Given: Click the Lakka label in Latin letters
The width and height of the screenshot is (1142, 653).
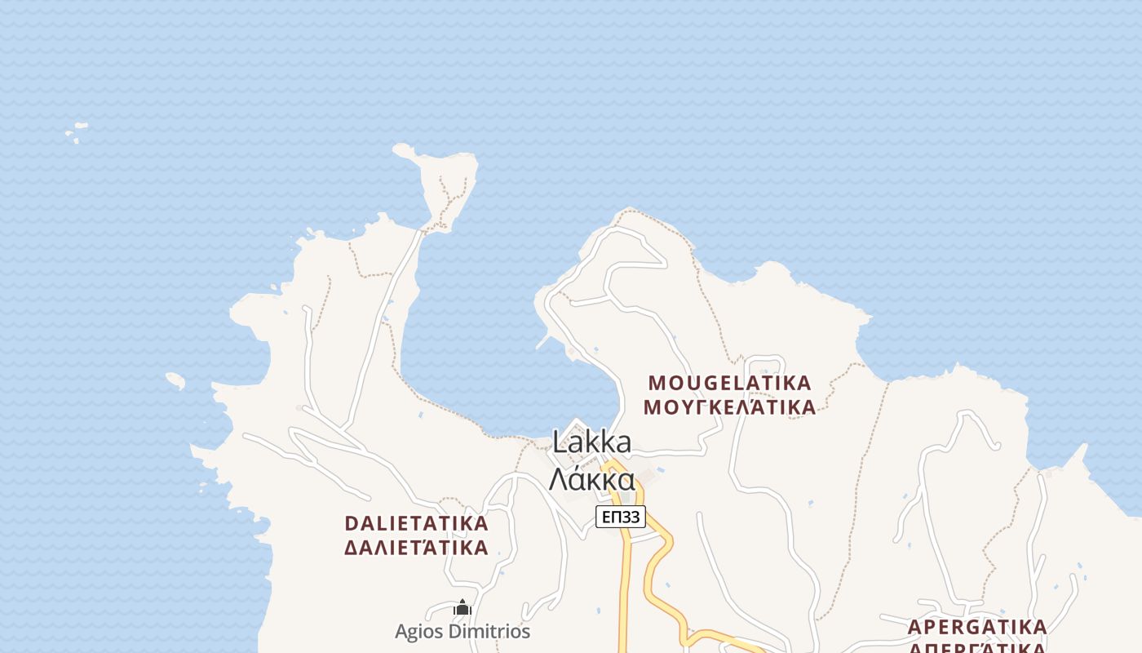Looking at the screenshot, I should pos(591,442).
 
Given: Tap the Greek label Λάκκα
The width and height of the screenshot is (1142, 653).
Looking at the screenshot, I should pos(591,480).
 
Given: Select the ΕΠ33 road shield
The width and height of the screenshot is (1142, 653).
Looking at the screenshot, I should pos(620,517).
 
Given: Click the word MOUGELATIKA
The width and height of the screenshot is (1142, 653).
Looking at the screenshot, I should pos(729,383).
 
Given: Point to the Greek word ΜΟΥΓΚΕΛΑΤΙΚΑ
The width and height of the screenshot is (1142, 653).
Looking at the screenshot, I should pos(729,406).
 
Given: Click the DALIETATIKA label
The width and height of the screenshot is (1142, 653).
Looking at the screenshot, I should pos(416,523).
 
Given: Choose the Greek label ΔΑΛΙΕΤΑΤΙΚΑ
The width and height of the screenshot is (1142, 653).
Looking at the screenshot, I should pos(416,547).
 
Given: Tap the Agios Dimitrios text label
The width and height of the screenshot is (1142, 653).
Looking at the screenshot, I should pos(462,632).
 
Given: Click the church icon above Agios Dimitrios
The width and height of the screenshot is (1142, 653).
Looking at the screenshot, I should pos(463,608).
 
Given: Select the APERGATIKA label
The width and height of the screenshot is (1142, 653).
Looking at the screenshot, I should pos(976,627).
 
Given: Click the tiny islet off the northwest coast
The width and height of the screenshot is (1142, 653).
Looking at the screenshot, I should pos(77,130).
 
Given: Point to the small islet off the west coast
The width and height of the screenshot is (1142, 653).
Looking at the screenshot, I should pos(175,380).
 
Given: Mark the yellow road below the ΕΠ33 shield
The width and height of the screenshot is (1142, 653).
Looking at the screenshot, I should pos(626,588).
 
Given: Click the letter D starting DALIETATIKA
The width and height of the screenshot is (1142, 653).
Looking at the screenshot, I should pos(352,523).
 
